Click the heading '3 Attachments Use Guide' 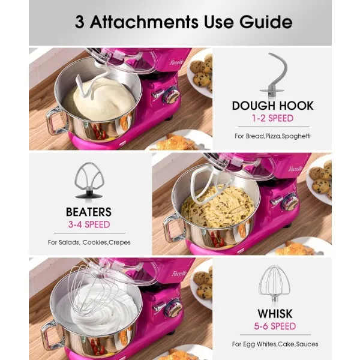pyautogui.click(x=184, y=22)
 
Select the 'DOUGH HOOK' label pyautogui.click(x=272, y=106)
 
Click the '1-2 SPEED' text pyautogui.click(x=272, y=119)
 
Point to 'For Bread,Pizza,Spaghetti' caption pyautogui.click(x=272, y=137)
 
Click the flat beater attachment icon pyautogui.click(x=88, y=183)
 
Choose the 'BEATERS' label pyautogui.click(x=89, y=212)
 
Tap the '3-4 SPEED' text pyautogui.click(x=89, y=224)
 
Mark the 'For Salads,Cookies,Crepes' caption pyautogui.click(x=89, y=242)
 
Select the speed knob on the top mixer pyautogui.click(x=171, y=95)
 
